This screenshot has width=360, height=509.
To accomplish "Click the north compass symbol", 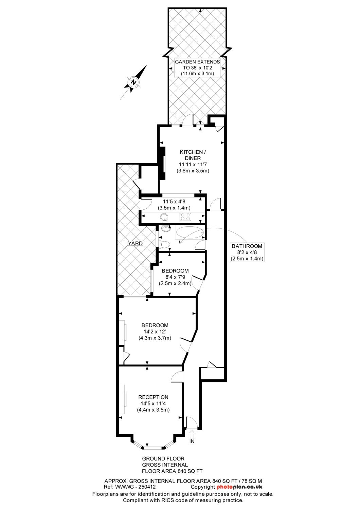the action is (134, 82).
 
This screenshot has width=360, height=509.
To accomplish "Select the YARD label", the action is (135, 243).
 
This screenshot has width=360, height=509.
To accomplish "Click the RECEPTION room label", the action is (153, 397).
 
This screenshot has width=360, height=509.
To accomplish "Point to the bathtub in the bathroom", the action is (190, 233).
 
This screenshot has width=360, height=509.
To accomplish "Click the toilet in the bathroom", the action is (165, 244).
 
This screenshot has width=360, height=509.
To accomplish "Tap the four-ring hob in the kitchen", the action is (186, 217).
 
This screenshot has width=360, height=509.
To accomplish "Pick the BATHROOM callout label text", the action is (247, 246).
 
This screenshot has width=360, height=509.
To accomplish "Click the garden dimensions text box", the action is (197, 68).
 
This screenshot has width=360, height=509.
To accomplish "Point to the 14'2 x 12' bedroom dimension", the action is (155, 332).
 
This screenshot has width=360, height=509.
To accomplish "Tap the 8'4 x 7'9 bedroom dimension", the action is (176, 277).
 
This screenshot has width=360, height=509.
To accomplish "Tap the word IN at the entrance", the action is (192, 441).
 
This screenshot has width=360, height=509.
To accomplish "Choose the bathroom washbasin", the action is (165, 228).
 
